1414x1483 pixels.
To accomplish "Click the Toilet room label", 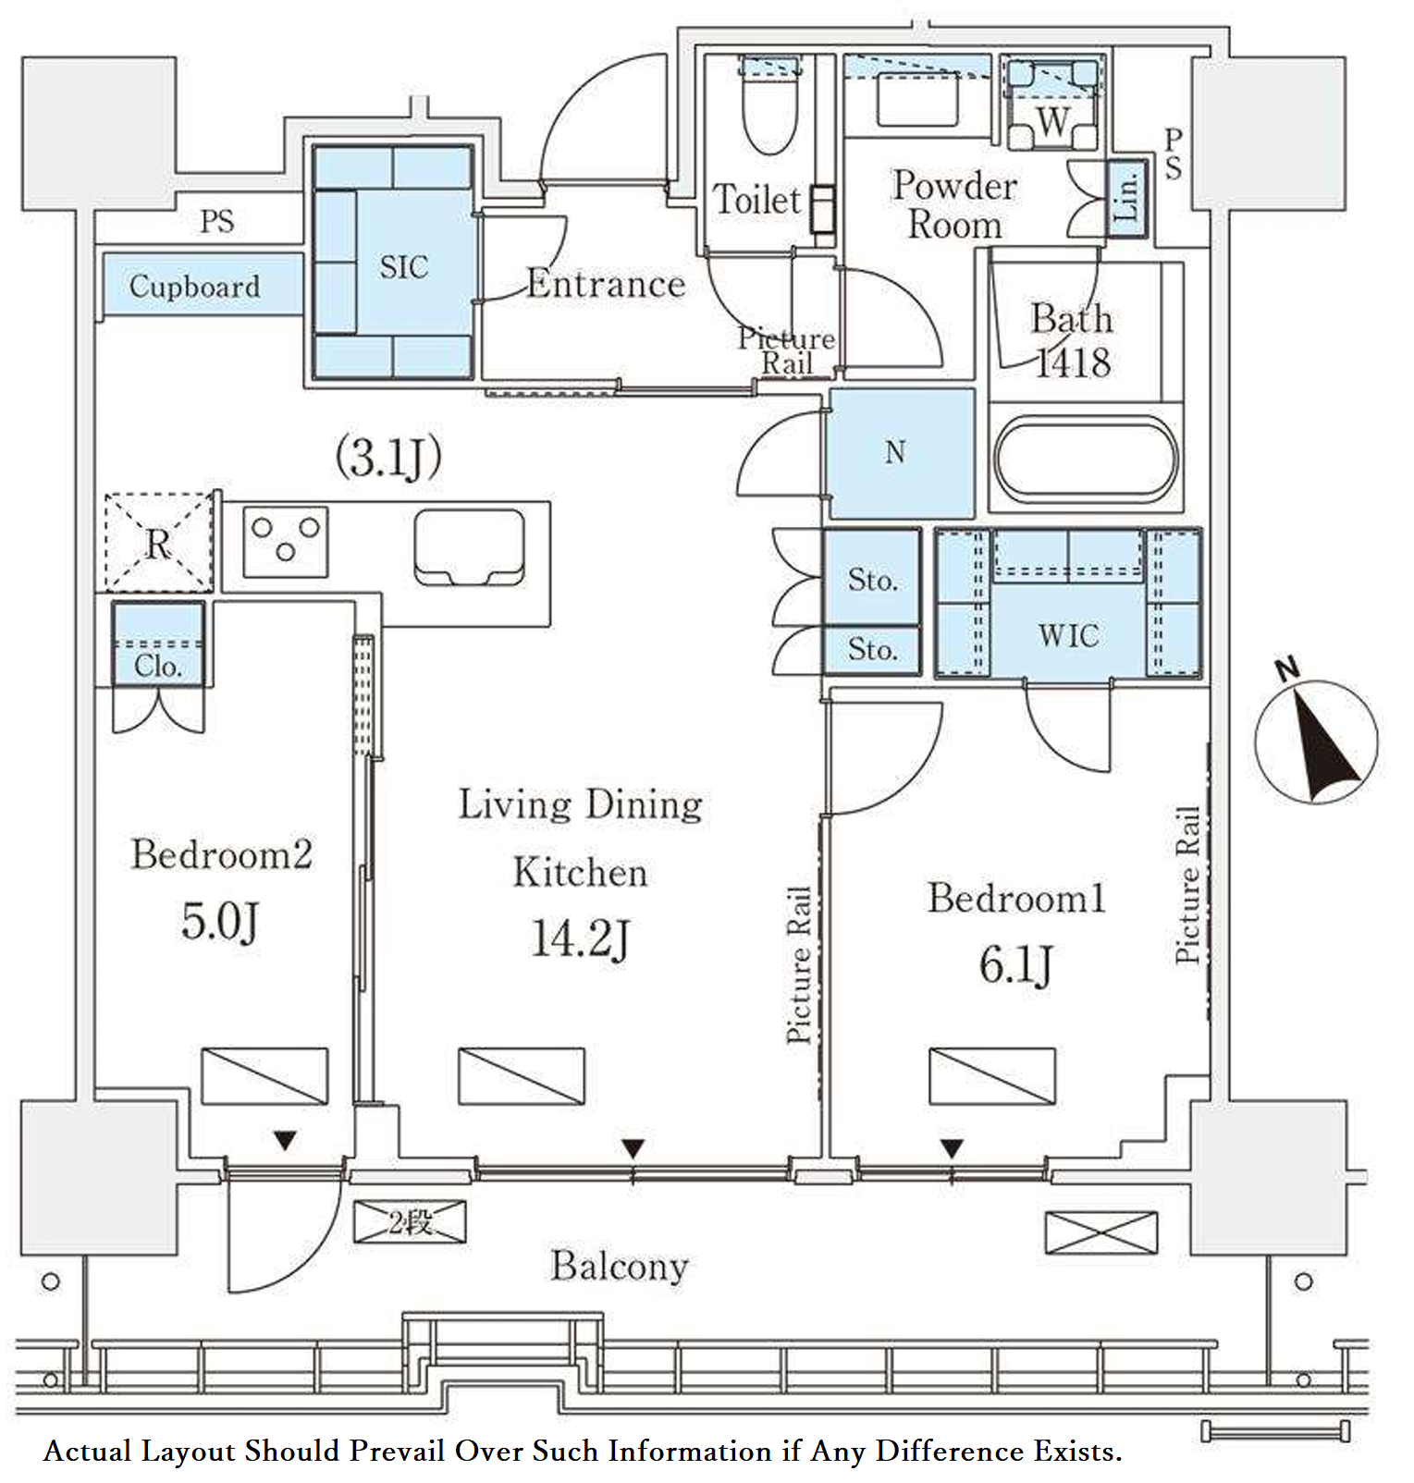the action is pyautogui.click(x=756, y=200).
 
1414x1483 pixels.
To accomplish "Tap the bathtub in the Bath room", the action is pyautogui.click(x=1086, y=460).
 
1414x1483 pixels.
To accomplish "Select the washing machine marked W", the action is pyautogui.click(x=1052, y=104).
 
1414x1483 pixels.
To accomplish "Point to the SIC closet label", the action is pyautogui.click(x=404, y=267).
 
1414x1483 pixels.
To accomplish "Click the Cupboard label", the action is pyautogui.click(x=194, y=287).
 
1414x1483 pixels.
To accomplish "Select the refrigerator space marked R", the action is pyautogui.click(x=159, y=543).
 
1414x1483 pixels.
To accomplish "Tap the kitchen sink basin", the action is pyautogui.click(x=470, y=547).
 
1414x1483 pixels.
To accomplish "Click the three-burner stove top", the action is pyautogui.click(x=286, y=542).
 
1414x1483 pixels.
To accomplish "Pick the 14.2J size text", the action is pyautogui.click(x=580, y=938).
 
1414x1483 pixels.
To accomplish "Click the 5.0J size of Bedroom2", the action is pyautogui.click(x=219, y=921).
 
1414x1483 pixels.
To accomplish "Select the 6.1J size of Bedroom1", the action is pyautogui.click(x=1015, y=965).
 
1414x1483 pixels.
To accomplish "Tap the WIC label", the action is pyautogui.click(x=1068, y=636).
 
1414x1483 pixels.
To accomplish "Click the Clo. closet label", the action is pyautogui.click(x=157, y=666).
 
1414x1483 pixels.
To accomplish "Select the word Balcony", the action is pyautogui.click(x=620, y=1267).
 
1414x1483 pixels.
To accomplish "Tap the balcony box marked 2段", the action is pyautogui.click(x=410, y=1222).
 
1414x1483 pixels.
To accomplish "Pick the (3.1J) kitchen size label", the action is pyautogui.click(x=388, y=457).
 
